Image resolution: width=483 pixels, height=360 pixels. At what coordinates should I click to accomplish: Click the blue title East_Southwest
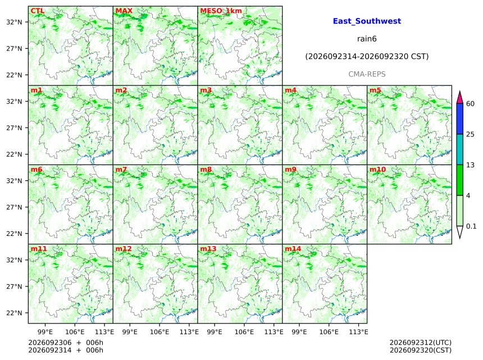(x=367, y=21)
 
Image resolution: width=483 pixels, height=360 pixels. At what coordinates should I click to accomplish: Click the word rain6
(x=367, y=39)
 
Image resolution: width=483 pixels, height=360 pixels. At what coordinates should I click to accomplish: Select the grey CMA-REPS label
(x=367, y=74)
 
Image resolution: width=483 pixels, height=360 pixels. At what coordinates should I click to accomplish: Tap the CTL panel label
(x=38, y=11)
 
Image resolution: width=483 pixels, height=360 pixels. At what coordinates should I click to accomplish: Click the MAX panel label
(x=124, y=11)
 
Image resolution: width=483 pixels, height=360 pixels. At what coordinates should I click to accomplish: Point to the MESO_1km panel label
(x=221, y=11)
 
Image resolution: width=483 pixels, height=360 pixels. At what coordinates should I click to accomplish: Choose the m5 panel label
(x=375, y=90)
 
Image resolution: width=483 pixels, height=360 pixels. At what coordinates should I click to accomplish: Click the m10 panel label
(x=377, y=170)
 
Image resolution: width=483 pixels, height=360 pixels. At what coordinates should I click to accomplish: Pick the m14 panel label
(x=293, y=249)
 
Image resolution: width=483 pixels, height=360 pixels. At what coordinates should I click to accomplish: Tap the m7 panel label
(x=121, y=170)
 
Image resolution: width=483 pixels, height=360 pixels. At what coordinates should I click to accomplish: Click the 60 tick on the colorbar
(x=470, y=104)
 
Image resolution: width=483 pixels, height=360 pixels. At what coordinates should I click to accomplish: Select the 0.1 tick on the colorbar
(x=471, y=226)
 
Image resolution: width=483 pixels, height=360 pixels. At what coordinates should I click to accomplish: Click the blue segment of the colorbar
(x=459, y=119)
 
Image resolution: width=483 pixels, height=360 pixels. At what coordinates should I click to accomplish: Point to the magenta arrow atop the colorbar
(x=459, y=97)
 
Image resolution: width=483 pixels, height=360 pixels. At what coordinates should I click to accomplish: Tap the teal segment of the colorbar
(x=459, y=149)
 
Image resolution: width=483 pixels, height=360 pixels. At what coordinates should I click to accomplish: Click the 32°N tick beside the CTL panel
(x=14, y=22)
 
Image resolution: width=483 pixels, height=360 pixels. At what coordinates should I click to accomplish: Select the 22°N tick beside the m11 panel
(x=14, y=313)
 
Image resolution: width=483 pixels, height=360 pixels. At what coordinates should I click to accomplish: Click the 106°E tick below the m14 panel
(x=329, y=332)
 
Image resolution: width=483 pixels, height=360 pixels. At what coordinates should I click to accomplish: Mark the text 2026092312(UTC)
(x=421, y=343)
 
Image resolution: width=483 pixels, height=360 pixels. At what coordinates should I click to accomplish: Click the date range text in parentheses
(x=367, y=57)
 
